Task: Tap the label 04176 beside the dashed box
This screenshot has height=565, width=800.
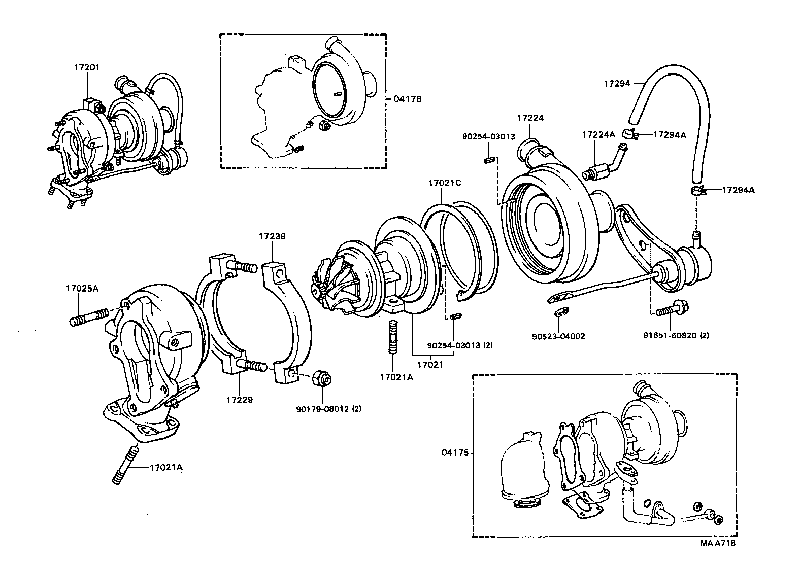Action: click(407, 99)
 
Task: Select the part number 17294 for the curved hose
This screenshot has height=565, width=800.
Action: click(617, 83)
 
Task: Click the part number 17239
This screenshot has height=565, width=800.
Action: click(272, 236)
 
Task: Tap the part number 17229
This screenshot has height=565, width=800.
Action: click(240, 400)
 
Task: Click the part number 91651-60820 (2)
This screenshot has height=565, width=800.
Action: click(675, 336)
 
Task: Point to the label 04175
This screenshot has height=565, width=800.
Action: click(454, 453)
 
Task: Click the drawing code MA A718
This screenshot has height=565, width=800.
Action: click(718, 543)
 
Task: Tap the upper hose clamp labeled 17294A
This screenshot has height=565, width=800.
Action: click(630, 134)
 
